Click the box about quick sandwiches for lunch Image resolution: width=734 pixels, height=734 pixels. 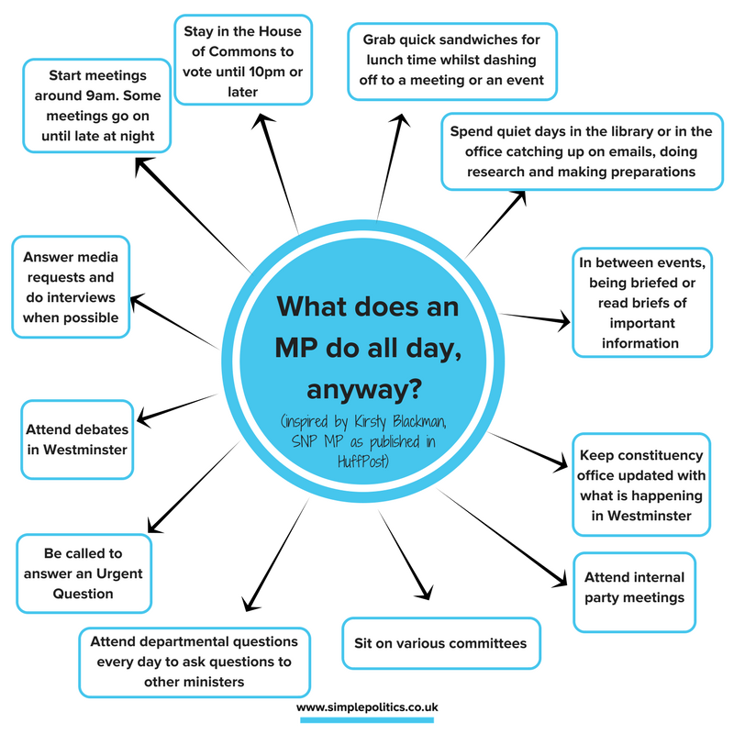pos(452,61)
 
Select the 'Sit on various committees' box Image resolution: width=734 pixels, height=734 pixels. pos(440,642)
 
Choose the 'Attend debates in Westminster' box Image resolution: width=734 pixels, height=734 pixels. pos(76,439)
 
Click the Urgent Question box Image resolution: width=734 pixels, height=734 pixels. pos(83,573)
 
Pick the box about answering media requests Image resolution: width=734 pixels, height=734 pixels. pos(71,287)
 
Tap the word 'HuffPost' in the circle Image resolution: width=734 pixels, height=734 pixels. pos(367,466)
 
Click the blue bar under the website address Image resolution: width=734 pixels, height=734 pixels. pos(367,722)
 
